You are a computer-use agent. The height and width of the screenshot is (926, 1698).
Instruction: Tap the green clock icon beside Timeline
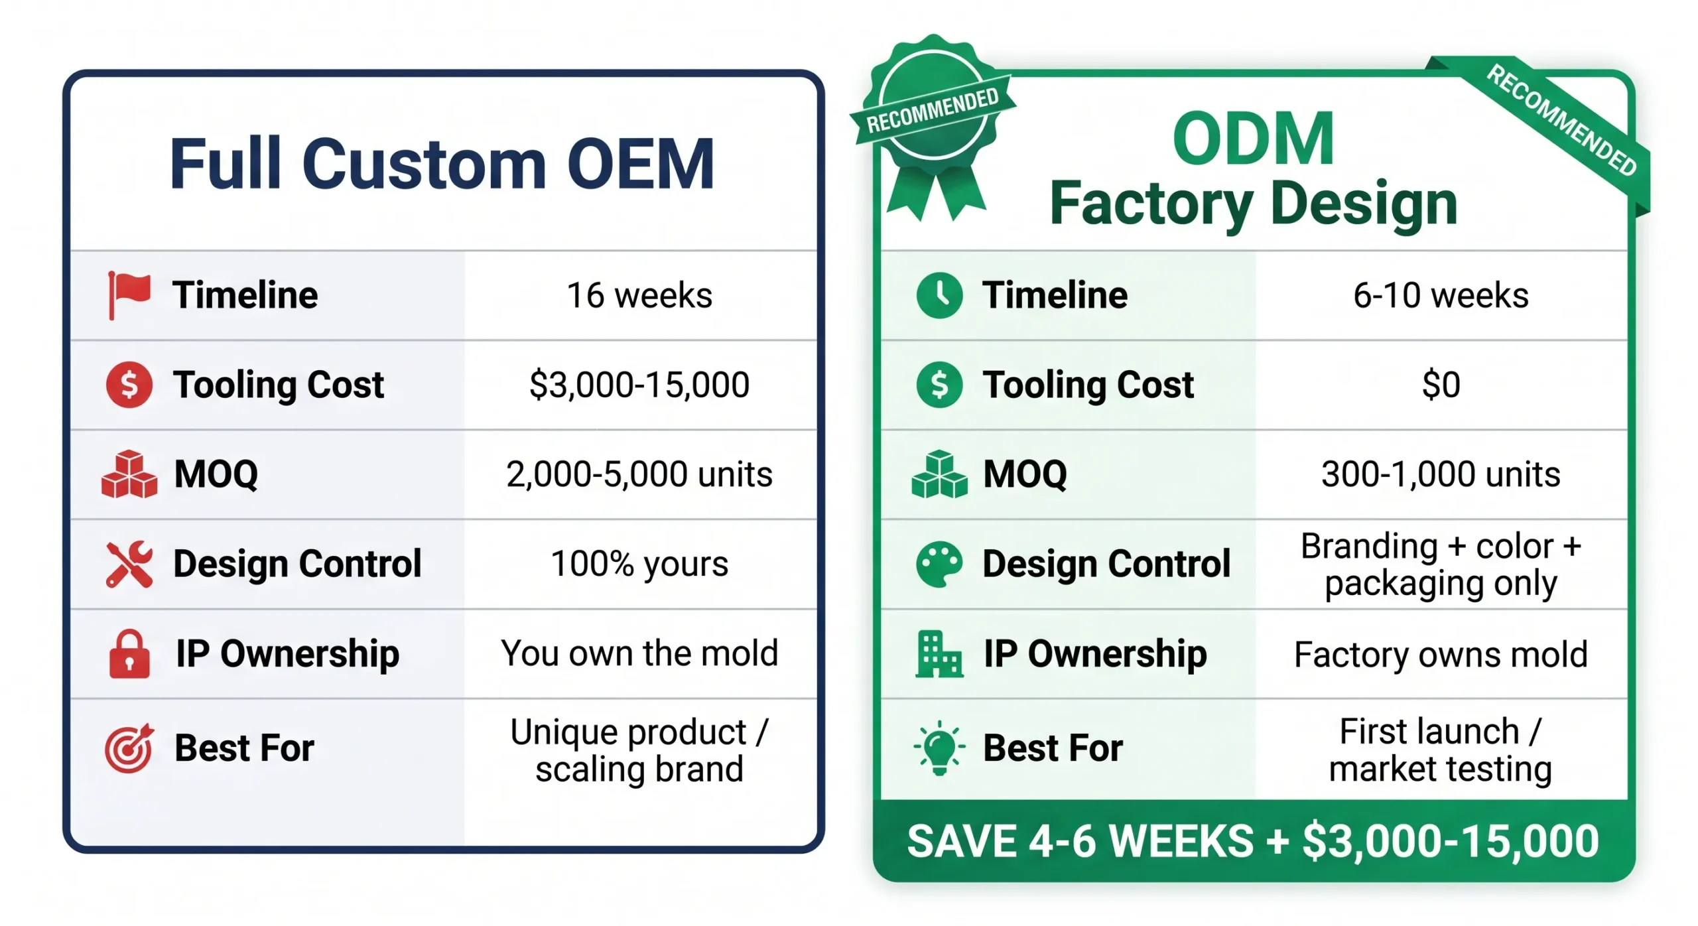pos(939,295)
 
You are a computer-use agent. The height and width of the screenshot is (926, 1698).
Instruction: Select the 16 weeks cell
pos(639,295)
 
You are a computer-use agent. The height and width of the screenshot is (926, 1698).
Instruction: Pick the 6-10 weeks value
pos(1440,295)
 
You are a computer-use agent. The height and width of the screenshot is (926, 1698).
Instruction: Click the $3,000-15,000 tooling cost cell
pos(639,385)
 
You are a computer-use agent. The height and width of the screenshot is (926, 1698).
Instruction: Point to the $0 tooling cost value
pos(1441,385)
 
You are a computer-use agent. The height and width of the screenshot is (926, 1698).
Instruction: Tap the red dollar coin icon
pos(129,385)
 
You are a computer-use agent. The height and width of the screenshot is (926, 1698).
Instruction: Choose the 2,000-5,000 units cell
pos(639,474)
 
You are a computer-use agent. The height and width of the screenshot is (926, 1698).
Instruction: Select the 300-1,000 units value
pos(1440,474)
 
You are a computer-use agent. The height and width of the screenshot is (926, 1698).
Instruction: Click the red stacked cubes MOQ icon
pos(129,474)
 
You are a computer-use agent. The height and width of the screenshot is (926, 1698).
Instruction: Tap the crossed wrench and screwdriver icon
pos(129,564)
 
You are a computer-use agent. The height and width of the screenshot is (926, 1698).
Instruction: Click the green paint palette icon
pos(939,564)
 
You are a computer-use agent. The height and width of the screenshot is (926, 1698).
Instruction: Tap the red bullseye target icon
pos(129,748)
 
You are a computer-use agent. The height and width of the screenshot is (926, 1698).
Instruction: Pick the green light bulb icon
pos(939,748)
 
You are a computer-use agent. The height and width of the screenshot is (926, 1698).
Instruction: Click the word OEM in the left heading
pos(640,164)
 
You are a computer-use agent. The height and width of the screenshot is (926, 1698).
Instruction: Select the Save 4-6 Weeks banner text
pos(1252,841)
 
